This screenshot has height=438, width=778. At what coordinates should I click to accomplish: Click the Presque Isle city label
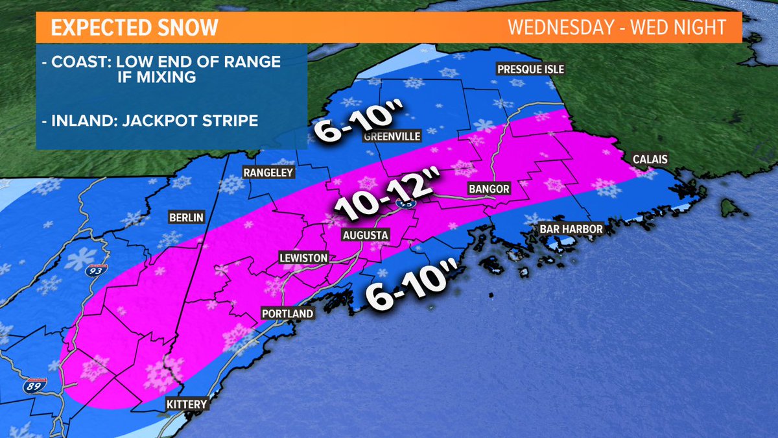pyautogui.click(x=530, y=69)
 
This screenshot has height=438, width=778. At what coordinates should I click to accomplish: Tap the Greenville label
pyautogui.click(x=393, y=136)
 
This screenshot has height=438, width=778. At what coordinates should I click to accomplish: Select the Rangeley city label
pyautogui.click(x=268, y=173)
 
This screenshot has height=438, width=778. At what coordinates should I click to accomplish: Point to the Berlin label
pyautogui.click(x=185, y=217)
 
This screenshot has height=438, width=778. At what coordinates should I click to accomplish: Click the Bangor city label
pyautogui.click(x=489, y=189)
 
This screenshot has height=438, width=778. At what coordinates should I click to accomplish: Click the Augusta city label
pyautogui.click(x=366, y=234)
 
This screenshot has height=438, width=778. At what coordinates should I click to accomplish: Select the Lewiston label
pyautogui.click(x=302, y=258)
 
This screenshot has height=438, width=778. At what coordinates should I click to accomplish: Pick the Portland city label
pyautogui.click(x=287, y=313)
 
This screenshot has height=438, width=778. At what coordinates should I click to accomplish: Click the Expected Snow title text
pyautogui.click(x=134, y=29)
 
